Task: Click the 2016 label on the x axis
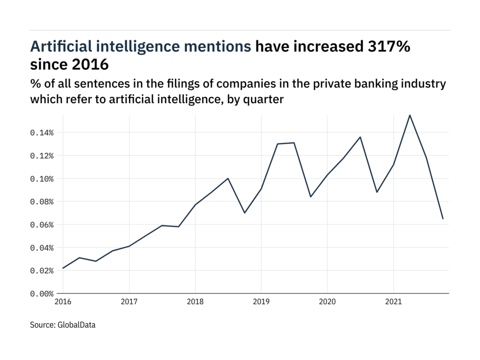pos(63,303)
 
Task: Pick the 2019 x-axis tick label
pos(261,303)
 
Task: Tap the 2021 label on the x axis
pos(393,303)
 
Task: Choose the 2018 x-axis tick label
pos(195,303)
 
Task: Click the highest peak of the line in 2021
pos(410,115)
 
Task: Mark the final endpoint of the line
pos(442,218)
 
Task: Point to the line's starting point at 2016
pos(63,268)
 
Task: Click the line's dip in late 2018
pos(245,213)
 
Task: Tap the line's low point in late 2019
pos(311,197)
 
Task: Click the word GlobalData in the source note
pos(76,324)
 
